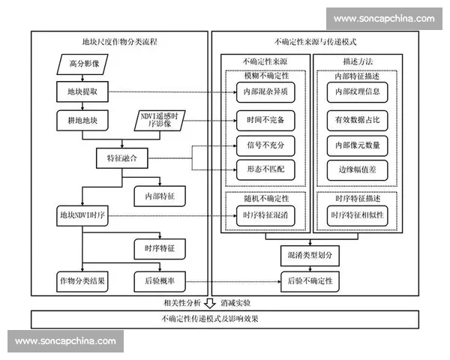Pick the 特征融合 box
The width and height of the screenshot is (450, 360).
[x=123, y=158]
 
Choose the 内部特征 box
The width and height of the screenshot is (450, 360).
[x=160, y=195]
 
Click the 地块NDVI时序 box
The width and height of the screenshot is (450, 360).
[x=83, y=215]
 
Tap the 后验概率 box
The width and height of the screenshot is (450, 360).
[x=160, y=280]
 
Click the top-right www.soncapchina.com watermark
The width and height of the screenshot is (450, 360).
[x=384, y=19]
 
